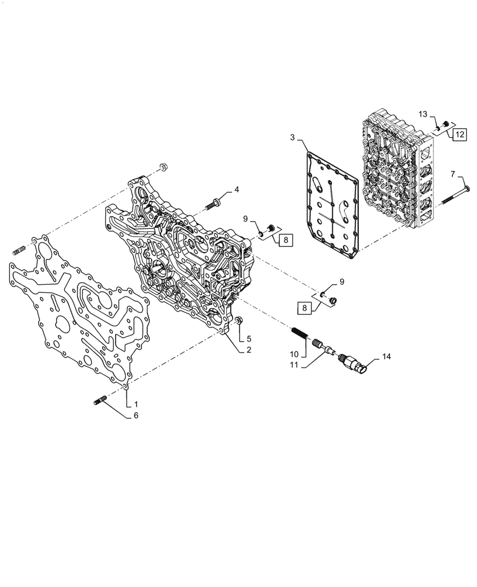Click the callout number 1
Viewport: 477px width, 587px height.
coord(136,404)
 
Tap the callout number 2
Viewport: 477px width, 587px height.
coord(233,350)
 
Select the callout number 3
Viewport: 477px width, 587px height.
coord(292,137)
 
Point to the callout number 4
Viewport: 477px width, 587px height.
coord(237,189)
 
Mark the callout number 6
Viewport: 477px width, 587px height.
coord(136,415)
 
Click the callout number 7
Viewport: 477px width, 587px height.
coord(452,174)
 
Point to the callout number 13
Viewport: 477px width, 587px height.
coord(422,113)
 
